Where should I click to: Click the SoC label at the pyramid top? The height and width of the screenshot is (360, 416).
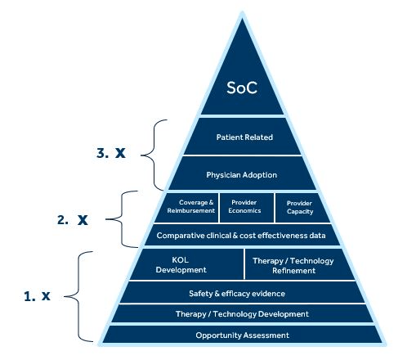(x=242, y=88)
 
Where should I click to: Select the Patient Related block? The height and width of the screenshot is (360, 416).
(x=243, y=137)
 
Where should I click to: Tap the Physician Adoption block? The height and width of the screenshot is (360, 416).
(x=242, y=173)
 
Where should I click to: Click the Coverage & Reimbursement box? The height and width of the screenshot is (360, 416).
(x=188, y=208)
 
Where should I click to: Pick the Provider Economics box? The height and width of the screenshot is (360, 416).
(x=247, y=208)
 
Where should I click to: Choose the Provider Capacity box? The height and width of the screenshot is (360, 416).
(x=301, y=208)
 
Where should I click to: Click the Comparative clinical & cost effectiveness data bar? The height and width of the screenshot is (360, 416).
(x=242, y=235)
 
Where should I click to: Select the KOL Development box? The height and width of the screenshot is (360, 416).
(x=188, y=264)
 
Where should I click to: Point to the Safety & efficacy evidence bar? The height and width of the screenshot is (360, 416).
(x=242, y=293)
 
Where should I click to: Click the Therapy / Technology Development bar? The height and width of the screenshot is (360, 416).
(x=242, y=313)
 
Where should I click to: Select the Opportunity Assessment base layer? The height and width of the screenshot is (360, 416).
(x=242, y=335)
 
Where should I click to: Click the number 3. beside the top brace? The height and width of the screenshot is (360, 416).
(x=102, y=153)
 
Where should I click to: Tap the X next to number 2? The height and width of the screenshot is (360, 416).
(x=83, y=220)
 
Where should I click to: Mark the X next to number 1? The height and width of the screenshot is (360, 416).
(x=46, y=296)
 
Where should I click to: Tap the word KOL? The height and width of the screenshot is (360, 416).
(x=180, y=259)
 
